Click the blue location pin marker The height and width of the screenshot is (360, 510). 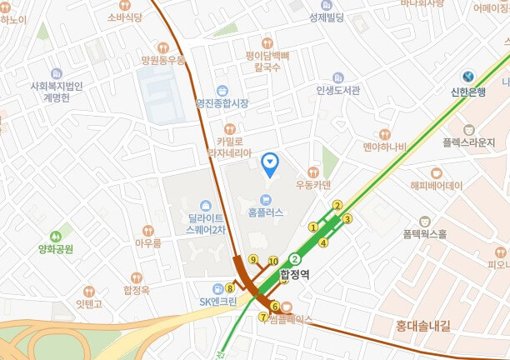pyautogui.click(x=270, y=163)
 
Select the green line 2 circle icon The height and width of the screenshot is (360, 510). pyautogui.click(x=294, y=258)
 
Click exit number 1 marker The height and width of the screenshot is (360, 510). pyautogui.click(x=314, y=227)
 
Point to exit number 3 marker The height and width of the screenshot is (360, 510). pyautogui.click(x=348, y=219)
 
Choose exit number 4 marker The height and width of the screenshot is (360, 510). pyautogui.click(x=323, y=242)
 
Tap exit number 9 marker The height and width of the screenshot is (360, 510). pyautogui.click(x=252, y=259)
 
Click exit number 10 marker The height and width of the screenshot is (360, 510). pyautogui.click(x=273, y=262)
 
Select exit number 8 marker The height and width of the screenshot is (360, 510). pyautogui.click(x=230, y=288)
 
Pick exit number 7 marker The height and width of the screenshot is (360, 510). pyautogui.click(x=263, y=317)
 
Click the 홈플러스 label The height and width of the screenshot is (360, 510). pyautogui.click(x=266, y=212)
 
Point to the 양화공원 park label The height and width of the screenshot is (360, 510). pyautogui.click(x=56, y=248)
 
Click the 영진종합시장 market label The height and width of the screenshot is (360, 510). pyautogui.click(x=222, y=103)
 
